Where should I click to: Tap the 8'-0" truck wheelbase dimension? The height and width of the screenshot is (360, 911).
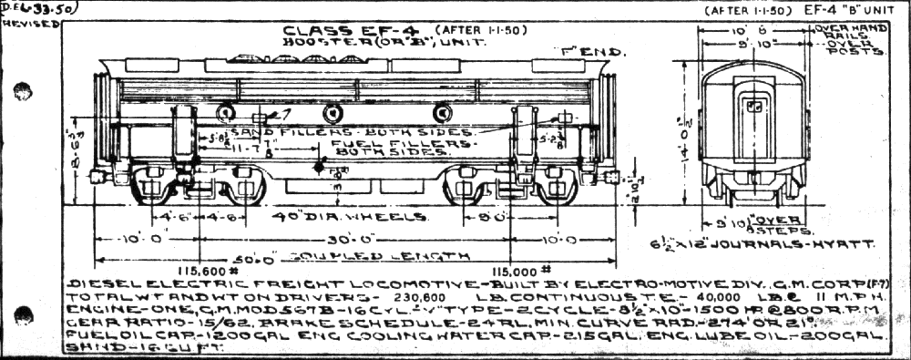click(x=493, y=219)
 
